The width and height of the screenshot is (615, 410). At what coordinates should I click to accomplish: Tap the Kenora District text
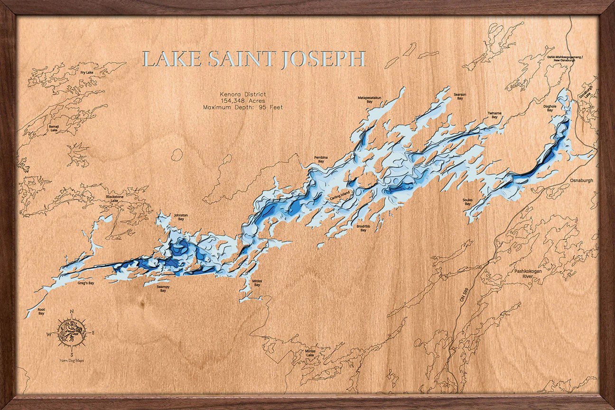[x=242, y=94]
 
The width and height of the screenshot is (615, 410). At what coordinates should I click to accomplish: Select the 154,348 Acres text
[x=242, y=101]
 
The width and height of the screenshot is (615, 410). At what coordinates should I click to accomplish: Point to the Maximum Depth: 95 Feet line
[x=242, y=107]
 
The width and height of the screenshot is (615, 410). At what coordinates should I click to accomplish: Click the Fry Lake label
[x=86, y=73]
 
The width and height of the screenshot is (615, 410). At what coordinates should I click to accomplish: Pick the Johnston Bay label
[x=181, y=217]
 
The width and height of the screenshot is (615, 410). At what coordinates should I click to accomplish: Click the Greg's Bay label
[x=86, y=283]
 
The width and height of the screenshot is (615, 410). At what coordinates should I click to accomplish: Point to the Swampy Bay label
[x=163, y=289]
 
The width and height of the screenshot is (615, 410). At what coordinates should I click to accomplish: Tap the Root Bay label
[x=41, y=311]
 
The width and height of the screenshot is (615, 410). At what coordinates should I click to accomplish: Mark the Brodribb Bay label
[x=363, y=228]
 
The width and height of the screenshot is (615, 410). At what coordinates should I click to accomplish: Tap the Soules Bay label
[x=468, y=202]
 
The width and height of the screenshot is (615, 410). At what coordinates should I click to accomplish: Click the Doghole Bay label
[x=550, y=108]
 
